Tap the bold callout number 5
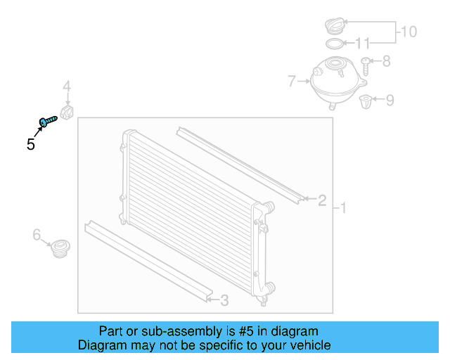click(31, 145)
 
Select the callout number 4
click(67, 86)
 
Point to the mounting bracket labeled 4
click(68, 112)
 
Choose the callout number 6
click(37, 235)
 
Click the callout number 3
click(224, 301)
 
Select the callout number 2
click(322, 201)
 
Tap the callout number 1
click(343, 208)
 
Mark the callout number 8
click(385, 61)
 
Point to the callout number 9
click(389, 100)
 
